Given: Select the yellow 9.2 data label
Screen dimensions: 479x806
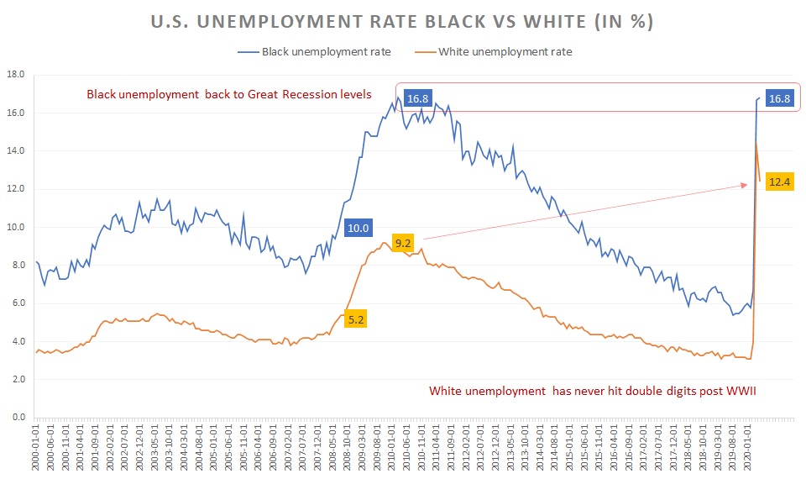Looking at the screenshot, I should [403, 244].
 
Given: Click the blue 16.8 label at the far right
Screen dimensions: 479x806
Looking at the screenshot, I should [780, 99].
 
